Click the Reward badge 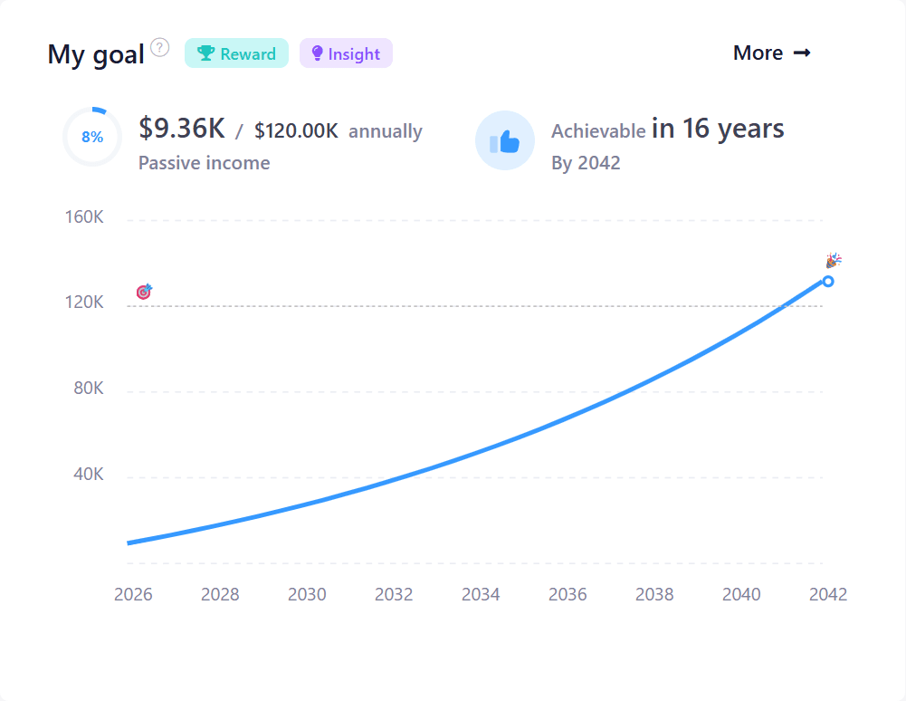236,53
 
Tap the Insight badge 346,53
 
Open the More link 771,53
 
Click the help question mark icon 160,47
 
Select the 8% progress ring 92,138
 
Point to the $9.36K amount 181,129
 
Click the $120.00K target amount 296,131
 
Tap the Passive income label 204,163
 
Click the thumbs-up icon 505,141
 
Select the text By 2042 586,164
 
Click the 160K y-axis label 85,217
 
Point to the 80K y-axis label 88,389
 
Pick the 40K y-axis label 88,475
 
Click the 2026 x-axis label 133,594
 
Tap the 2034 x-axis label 481,594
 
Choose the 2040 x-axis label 741,594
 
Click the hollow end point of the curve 828,281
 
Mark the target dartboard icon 144,292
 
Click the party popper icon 834,261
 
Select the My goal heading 96,54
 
